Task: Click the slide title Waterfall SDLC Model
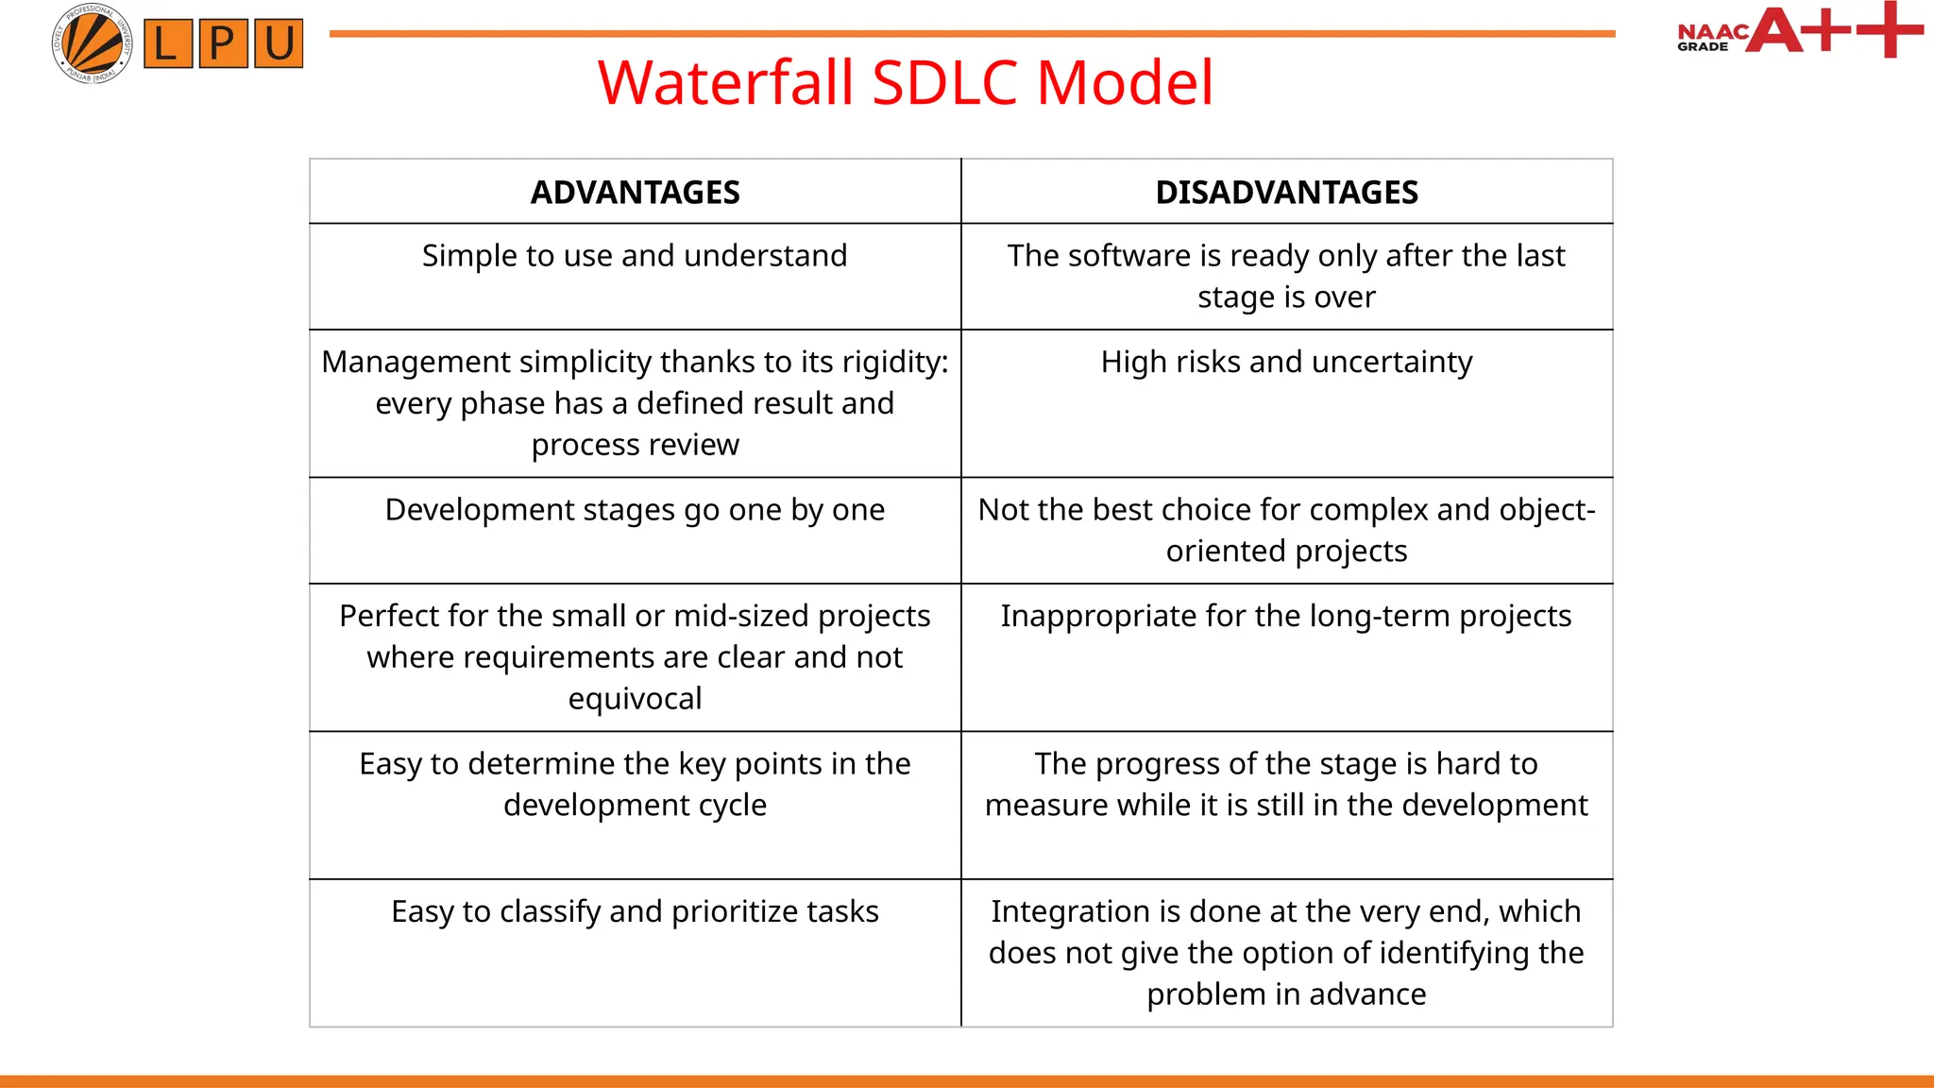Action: (906, 83)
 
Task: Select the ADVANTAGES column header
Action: (635, 193)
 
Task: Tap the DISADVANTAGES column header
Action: (1286, 193)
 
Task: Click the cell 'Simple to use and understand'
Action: (635, 256)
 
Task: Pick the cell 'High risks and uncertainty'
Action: (1286, 362)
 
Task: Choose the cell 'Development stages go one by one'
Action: (635, 510)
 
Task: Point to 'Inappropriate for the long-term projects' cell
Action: (1286, 616)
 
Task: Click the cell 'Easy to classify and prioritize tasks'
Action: (635, 911)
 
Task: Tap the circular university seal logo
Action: (92, 43)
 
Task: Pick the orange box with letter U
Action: (279, 43)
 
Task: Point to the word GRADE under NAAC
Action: (1703, 46)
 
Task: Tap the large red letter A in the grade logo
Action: (1774, 30)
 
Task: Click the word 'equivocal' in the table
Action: (635, 699)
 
